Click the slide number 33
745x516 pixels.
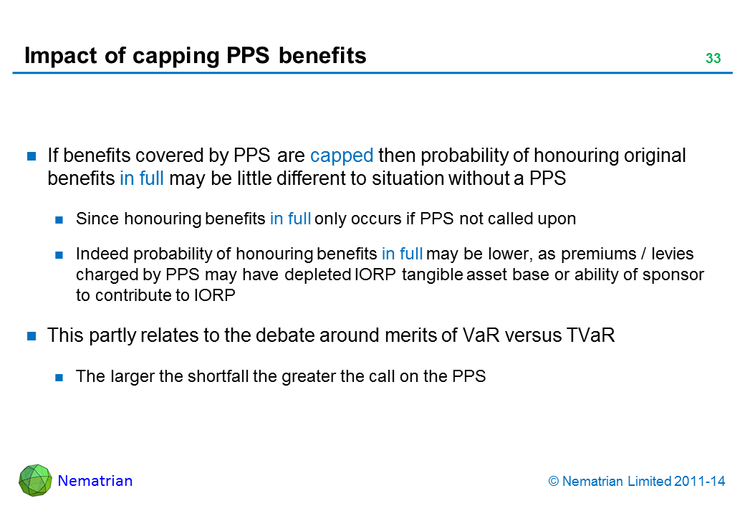[713, 58]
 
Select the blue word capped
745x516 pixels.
[342, 156]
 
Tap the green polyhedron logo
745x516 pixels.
[35, 480]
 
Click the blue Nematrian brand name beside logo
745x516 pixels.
[95, 481]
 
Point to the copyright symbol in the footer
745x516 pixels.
[554, 482]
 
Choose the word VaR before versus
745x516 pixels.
[481, 335]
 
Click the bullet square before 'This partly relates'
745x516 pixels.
[32, 336]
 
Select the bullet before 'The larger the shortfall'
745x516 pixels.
[59, 377]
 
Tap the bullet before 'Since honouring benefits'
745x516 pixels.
[59, 219]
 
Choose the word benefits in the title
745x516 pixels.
[322, 56]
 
